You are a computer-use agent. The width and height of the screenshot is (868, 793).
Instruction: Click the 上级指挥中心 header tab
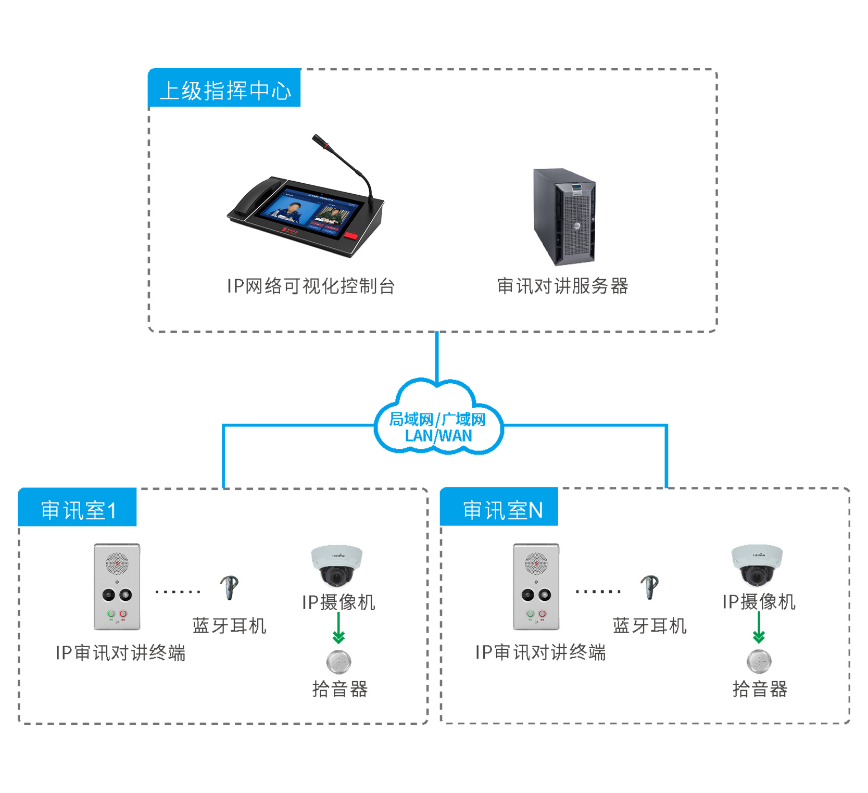point(224,89)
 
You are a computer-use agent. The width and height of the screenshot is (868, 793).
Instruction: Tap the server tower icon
point(564,217)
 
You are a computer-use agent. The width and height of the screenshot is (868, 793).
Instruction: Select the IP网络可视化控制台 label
point(311,286)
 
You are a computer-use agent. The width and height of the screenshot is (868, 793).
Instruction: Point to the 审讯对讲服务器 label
point(562,286)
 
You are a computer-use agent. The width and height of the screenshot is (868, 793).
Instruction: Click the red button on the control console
point(352,236)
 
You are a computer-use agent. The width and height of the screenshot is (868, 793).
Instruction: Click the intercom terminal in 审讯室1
point(117,587)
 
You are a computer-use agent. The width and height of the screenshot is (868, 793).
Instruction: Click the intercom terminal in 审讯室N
point(536,587)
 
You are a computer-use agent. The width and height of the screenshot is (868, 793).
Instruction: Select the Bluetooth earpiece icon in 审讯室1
point(229,587)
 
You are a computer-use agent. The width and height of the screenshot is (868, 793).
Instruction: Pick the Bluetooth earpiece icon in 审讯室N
point(649,587)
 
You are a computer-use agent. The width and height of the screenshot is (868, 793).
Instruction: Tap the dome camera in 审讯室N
point(757,565)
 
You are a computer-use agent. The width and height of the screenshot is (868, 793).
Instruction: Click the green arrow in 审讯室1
point(338,629)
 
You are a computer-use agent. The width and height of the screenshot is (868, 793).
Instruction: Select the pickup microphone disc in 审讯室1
point(338,662)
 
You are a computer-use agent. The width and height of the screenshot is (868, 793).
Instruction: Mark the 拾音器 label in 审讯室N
point(760,689)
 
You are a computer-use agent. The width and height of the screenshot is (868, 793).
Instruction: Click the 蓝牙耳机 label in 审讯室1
point(229,625)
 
